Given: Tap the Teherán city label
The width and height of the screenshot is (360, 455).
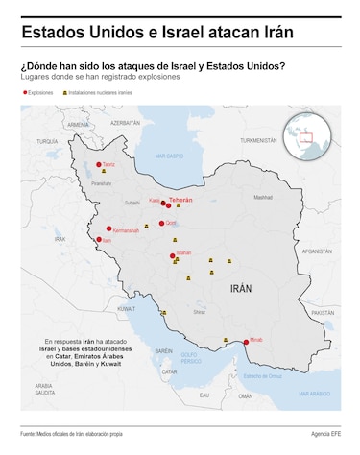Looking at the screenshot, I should click(180, 200).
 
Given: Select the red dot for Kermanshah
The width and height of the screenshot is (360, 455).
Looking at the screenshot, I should click(108, 229).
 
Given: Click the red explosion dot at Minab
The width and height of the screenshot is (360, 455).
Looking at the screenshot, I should click(246, 341).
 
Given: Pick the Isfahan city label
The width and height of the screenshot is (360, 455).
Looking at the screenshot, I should click(184, 252).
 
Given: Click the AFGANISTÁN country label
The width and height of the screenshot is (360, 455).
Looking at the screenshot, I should click(317, 251).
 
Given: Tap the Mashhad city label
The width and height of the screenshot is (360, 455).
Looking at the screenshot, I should click(263, 198).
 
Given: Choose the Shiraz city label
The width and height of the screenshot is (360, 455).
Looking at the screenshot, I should click(199, 312).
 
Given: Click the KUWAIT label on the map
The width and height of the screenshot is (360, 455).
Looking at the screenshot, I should click(126, 309).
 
